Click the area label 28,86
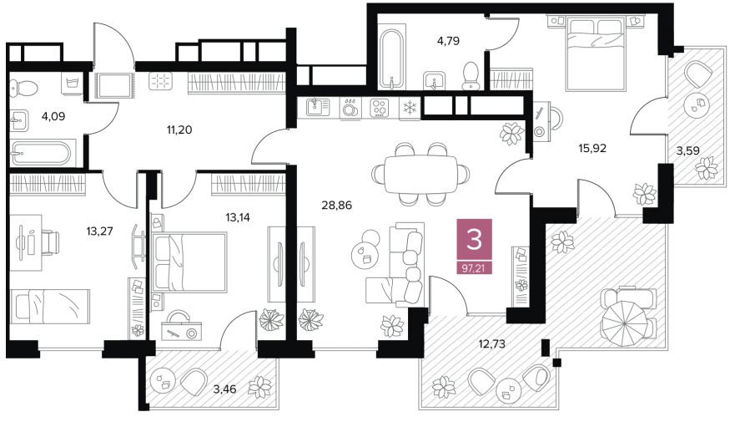[336, 205]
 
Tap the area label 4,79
[448, 41]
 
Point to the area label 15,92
[592, 148]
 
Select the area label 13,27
[99, 231]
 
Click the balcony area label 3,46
[224, 389]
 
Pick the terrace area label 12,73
[491, 344]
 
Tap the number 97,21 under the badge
[474, 268]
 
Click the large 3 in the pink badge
[474, 240]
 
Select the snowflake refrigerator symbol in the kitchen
[410, 108]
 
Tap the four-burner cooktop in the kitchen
[380, 108]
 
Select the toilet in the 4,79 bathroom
[471, 75]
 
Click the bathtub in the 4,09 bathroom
[41, 153]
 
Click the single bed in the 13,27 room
[50, 306]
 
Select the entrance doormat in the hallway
[114, 85]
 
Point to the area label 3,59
[687, 150]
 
